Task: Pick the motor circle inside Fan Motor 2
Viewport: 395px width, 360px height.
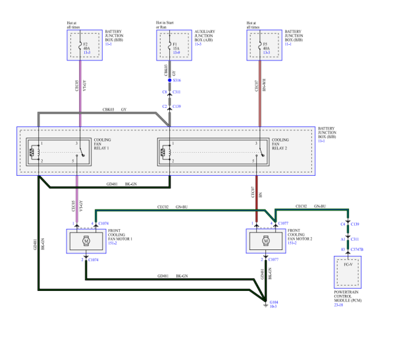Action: (x=265, y=242)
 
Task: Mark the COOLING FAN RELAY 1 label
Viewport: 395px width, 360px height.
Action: (x=103, y=147)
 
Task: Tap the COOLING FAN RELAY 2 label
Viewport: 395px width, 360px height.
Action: (x=281, y=147)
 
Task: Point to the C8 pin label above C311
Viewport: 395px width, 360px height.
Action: (x=164, y=92)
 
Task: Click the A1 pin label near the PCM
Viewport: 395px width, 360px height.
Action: (x=342, y=240)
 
